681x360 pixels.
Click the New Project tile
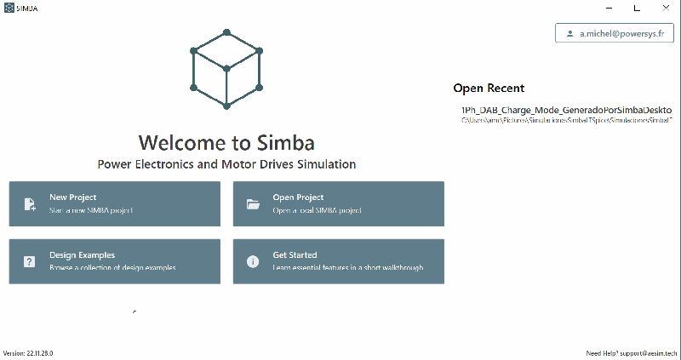(x=115, y=203)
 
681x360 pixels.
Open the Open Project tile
(x=338, y=203)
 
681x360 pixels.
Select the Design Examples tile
(x=115, y=261)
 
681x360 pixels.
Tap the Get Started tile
(x=338, y=261)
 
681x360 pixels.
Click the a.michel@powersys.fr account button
(x=614, y=34)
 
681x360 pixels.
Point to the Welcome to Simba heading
(x=226, y=141)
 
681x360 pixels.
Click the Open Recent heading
(x=489, y=88)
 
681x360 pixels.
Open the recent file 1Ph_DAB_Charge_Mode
(x=566, y=111)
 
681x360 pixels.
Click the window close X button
(x=665, y=8)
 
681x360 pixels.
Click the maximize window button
(x=636, y=8)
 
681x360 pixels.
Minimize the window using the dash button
(x=606, y=8)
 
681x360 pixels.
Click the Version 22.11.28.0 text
(x=28, y=352)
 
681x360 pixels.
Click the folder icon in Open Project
(x=253, y=204)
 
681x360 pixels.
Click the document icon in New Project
(x=30, y=204)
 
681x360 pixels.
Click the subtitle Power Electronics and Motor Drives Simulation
(x=226, y=163)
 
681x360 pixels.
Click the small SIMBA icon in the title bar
(x=9, y=8)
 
